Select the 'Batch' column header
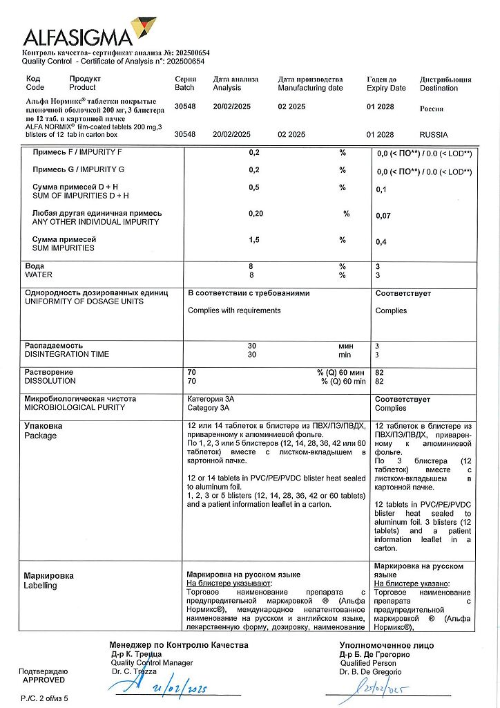click(x=185, y=88)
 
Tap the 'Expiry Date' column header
click(x=386, y=88)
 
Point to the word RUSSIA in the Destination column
click(x=434, y=135)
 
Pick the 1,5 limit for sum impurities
click(x=254, y=239)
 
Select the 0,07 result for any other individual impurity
click(x=383, y=216)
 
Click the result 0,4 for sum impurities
click(x=381, y=243)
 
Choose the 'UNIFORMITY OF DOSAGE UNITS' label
click(x=84, y=301)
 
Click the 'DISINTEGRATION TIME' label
click(x=67, y=354)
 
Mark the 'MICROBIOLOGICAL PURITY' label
click(x=75, y=408)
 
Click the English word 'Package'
click(x=41, y=436)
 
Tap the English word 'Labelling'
click(x=41, y=586)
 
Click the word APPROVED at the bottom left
click(x=44, y=680)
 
